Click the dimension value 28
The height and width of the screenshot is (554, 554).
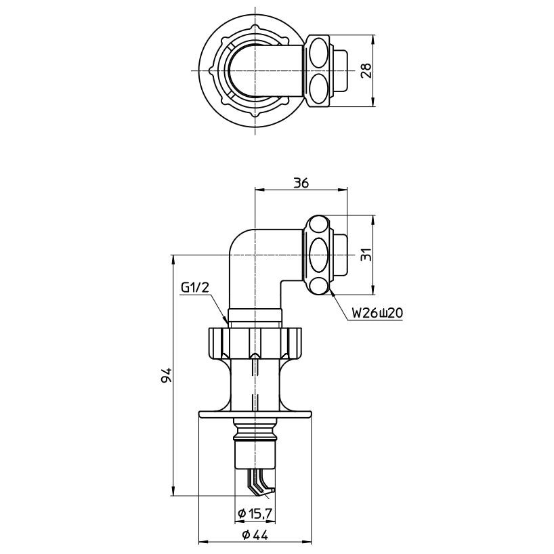(366, 70)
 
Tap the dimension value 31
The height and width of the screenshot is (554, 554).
(366, 256)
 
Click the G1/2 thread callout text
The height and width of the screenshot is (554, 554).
(196, 289)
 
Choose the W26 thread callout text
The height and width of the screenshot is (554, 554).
(371, 314)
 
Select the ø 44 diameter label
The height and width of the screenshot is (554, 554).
(255, 534)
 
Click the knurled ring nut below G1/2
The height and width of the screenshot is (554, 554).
(255, 342)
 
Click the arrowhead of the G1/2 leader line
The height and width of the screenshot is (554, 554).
(227, 319)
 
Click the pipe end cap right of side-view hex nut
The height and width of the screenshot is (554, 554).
(341, 256)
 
